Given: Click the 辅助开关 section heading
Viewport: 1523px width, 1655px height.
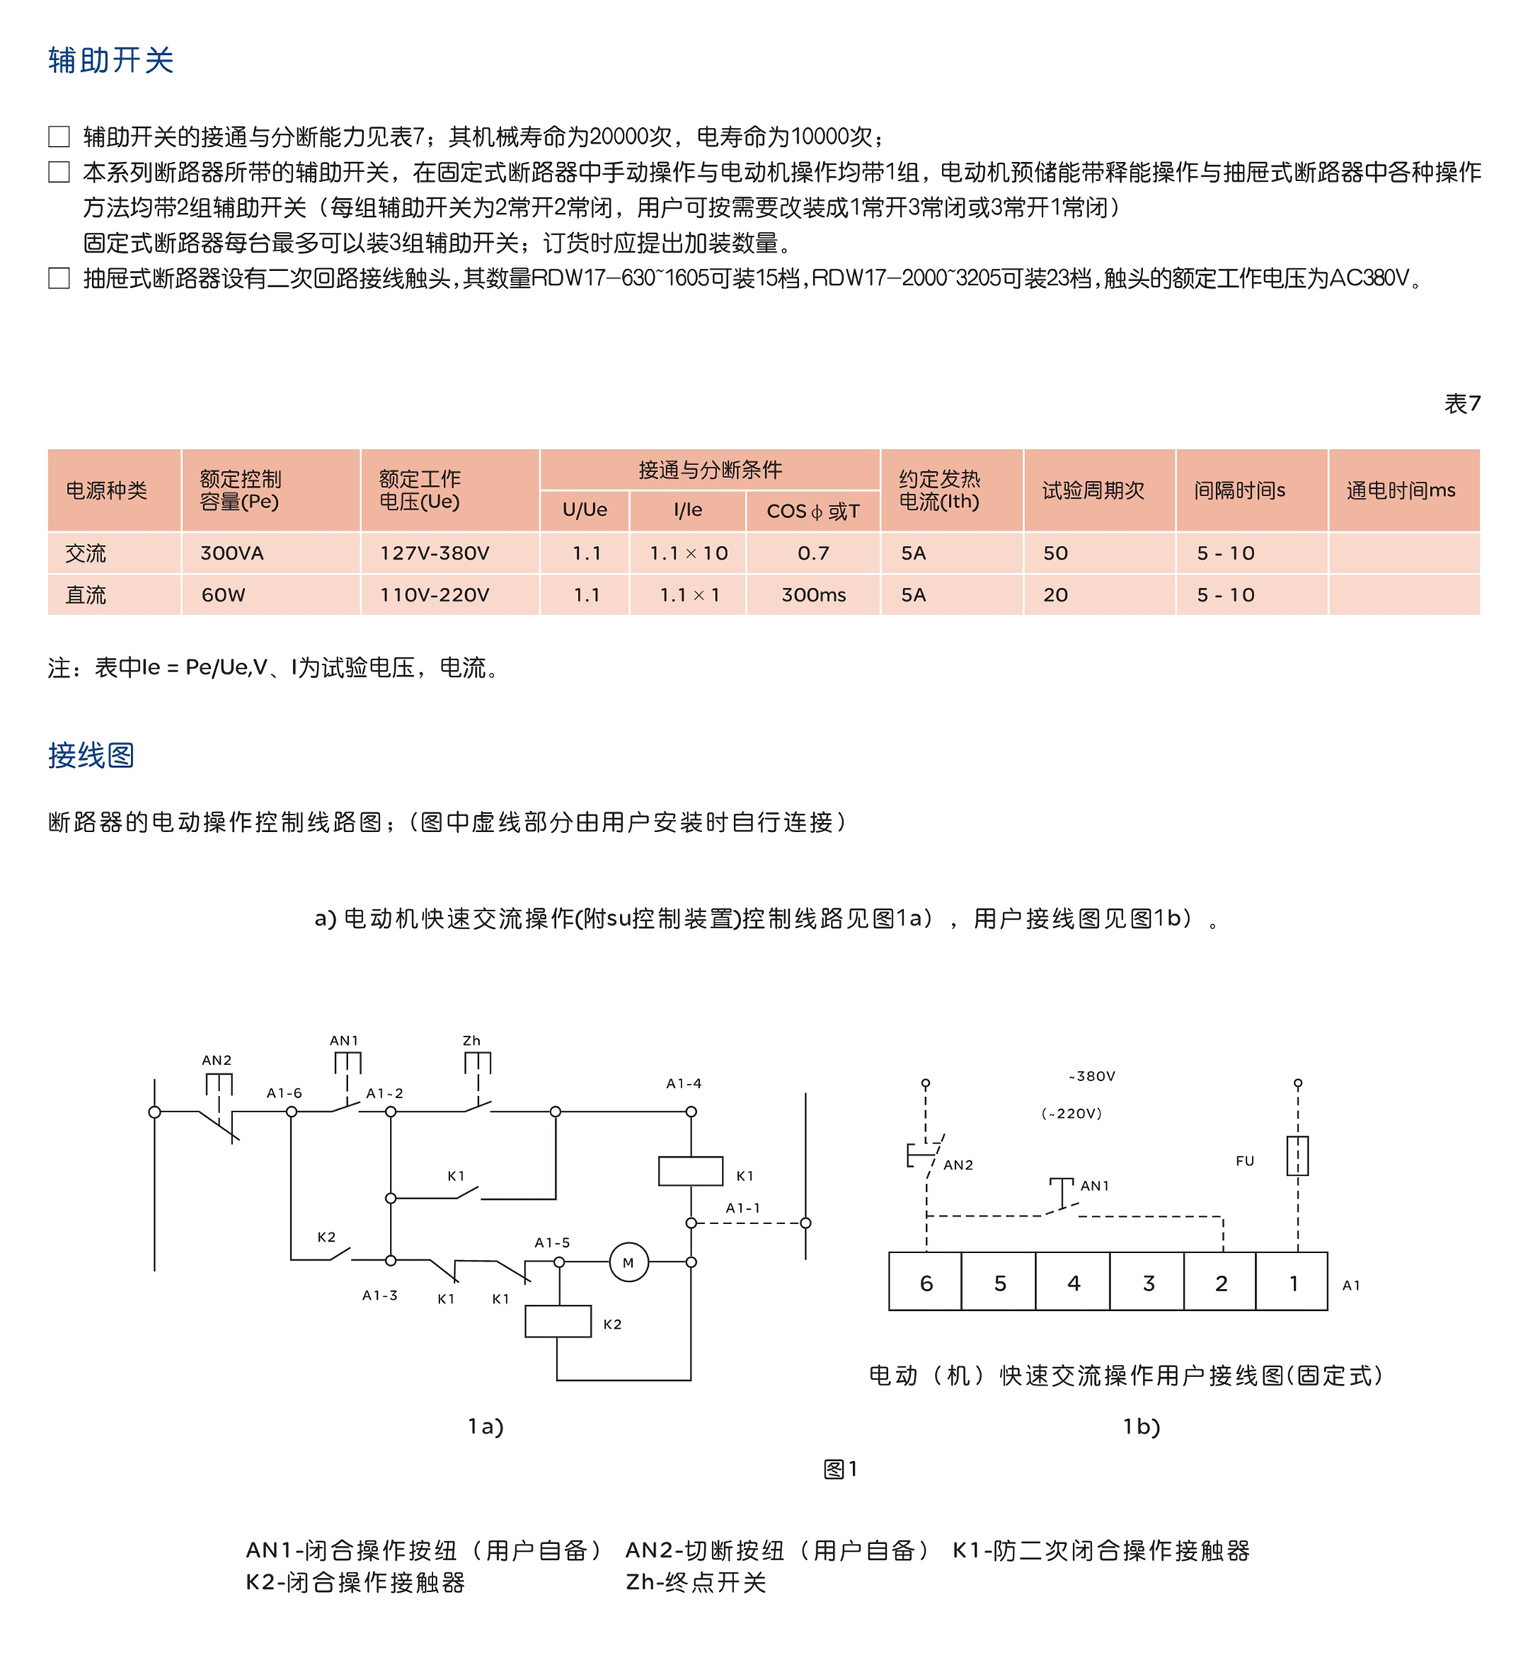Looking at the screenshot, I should (110, 60).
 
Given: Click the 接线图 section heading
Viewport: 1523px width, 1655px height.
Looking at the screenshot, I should (91, 754).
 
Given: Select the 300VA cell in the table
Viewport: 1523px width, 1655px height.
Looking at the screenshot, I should (231, 553).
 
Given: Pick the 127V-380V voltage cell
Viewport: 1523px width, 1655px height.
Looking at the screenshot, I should (434, 553).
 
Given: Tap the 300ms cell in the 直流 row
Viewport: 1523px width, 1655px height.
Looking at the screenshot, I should (813, 595).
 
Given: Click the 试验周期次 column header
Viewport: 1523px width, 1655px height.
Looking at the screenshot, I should (1093, 490).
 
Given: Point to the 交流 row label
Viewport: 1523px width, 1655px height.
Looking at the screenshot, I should (86, 553).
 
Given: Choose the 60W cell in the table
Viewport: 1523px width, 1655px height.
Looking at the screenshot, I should (223, 595).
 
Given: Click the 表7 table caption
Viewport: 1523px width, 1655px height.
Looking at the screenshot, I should (1461, 403).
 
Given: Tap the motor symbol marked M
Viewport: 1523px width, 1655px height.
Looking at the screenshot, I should (629, 1263).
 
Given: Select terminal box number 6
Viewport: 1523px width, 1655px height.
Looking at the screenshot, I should (925, 1283).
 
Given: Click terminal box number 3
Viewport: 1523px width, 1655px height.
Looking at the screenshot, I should (1148, 1283).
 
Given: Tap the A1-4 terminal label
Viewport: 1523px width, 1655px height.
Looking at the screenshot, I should (684, 1083).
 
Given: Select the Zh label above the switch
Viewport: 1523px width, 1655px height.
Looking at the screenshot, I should (471, 1041).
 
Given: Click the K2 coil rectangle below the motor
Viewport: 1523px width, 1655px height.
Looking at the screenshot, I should (558, 1321).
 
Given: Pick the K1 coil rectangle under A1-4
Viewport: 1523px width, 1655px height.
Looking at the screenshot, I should (691, 1171).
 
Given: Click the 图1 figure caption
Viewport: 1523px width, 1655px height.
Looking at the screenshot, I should (841, 1468).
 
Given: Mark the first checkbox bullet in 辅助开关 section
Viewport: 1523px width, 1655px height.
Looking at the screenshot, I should (59, 136).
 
